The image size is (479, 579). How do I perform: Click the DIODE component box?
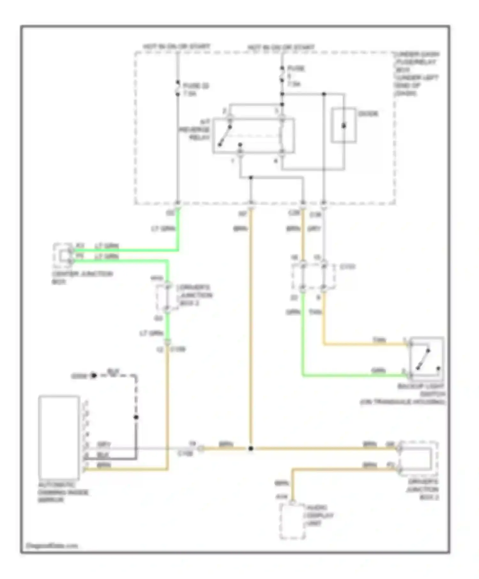[x=343, y=125]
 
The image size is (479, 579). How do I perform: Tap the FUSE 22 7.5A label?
[x=195, y=90]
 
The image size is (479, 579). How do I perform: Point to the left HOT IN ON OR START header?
[x=176, y=47]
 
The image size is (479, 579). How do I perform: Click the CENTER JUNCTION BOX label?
[x=82, y=278]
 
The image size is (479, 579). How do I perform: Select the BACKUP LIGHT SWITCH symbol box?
[x=426, y=358]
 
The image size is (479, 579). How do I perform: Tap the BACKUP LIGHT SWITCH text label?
[x=421, y=394]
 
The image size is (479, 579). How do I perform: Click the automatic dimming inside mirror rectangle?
[x=59, y=437]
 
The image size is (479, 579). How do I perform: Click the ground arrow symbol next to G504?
[x=94, y=376]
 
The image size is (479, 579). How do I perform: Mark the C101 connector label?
[x=347, y=267]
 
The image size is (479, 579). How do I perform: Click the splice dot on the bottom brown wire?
[x=251, y=448]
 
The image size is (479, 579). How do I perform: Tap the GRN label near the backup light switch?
[x=378, y=371]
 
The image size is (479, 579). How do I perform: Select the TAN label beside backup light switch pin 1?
[x=379, y=340]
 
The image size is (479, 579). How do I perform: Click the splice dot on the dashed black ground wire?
[x=136, y=417]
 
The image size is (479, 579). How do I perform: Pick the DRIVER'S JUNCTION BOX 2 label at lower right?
[x=422, y=489]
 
